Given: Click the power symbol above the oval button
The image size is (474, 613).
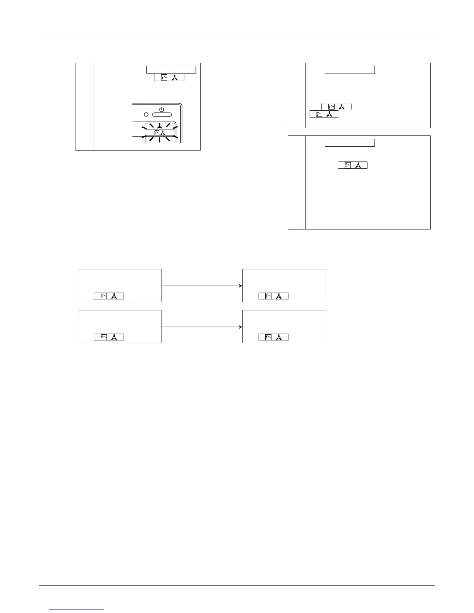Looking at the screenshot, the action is (162, 110).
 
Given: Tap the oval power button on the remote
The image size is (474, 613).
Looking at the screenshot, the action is (162, 115).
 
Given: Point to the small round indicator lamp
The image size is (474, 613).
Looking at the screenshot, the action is (146, 115).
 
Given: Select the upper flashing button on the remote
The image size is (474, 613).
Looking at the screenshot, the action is (160, 125).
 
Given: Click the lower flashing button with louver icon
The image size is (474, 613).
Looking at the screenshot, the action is (160, 133).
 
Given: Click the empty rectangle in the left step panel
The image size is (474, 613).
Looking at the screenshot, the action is (171, 69).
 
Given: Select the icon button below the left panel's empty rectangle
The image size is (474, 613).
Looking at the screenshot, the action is (169, 77).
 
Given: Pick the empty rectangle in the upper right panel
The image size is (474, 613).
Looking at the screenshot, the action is (349, 70).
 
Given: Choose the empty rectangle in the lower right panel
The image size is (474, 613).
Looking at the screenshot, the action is (349, 143).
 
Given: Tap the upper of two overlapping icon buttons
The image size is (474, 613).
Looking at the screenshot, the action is (337, 106).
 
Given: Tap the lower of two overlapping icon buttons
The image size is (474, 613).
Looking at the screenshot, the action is (324, 114).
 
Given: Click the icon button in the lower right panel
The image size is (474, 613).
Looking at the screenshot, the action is (352, 165).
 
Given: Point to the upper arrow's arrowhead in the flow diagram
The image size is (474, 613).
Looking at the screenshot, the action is (241, 286).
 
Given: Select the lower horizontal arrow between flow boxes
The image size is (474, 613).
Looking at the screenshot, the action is (201, 327).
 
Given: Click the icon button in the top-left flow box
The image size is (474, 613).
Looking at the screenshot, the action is (109, 296).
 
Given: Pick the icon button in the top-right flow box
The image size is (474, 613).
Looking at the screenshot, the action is (273, 296).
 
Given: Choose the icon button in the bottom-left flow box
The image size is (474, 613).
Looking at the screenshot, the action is (109, 337).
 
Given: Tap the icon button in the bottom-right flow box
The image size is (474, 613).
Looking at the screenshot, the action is (273, 337).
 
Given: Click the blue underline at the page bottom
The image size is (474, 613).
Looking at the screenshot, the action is (77, 610).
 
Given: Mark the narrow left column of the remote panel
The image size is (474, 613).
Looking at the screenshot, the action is (84, 106).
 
